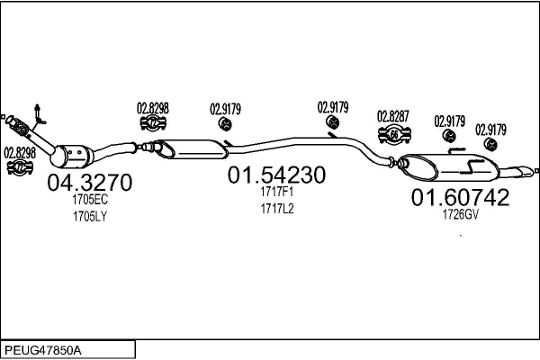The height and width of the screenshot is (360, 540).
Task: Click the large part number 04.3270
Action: [x=89, y=182]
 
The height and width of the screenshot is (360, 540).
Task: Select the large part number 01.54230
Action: [x=276, y=175]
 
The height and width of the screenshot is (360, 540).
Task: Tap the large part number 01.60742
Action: [x=460, y=197]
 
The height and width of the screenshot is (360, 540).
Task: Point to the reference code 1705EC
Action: [x=90, y=199]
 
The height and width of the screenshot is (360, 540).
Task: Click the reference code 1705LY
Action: [x=90, y=216]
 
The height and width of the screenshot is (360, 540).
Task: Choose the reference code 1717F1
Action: [x=277, y=192]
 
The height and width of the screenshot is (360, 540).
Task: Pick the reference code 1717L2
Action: [x=277, y=209]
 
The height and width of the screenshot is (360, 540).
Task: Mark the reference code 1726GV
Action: [x=461, y=214]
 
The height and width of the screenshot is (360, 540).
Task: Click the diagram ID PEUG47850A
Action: [x=43, y=351]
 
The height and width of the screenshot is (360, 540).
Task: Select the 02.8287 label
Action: [x=393, y=116]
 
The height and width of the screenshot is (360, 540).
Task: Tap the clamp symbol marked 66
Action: [x=394, y=134]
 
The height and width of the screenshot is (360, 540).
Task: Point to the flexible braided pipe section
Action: [x=20, y=127]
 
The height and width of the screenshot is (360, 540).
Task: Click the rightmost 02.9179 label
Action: [x=490, y=130]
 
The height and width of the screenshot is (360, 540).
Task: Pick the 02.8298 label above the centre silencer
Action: [x=153, y=108]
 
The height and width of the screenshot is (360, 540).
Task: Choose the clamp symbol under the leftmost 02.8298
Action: [x=20, y=167]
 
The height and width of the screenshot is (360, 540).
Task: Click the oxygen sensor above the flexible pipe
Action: [x=39, y=114]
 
